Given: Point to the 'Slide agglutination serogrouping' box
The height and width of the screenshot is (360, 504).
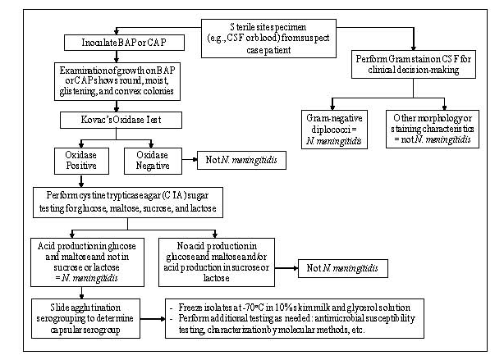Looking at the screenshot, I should click(x=80, y=317).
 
